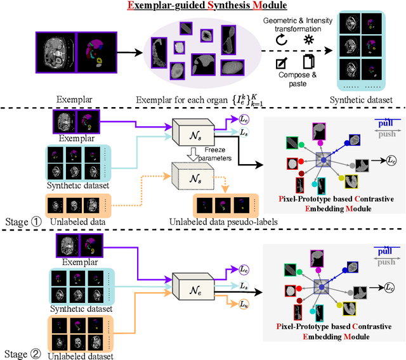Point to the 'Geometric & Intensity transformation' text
tap(298, 25)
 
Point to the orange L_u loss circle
tap(226, 305)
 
